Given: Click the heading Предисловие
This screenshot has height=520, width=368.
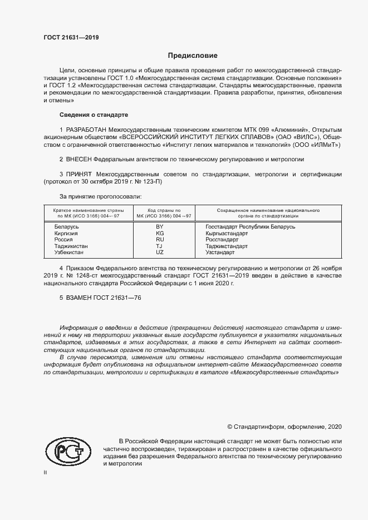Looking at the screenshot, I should (x=193, y=56).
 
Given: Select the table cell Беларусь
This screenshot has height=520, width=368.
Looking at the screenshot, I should (x=66, y=227).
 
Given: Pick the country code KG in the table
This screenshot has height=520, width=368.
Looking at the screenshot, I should (x=160, y=233).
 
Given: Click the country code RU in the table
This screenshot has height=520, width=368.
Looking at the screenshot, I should (x=160, y=239).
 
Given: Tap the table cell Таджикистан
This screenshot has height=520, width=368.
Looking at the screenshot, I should (x=71, y=246).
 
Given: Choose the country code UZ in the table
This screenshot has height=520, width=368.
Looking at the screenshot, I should (x=160, y=252).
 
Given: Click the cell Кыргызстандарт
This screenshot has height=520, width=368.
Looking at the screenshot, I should (x=227, y=233).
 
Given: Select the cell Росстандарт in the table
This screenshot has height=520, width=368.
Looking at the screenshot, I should (x=222, y=239).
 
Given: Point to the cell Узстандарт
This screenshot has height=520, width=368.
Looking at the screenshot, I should (x=220, y=252).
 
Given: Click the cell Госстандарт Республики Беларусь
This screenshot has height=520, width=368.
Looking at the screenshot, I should (x=250, y=227).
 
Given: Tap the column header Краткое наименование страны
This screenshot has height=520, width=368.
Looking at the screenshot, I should (x=88, y=211).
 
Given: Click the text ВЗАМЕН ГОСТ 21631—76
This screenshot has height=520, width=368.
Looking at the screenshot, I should (x=100, y=298).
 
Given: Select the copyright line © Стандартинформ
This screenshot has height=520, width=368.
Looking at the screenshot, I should (x=284, y=427).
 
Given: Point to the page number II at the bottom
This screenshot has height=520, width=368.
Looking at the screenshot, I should (x=45, y=472).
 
